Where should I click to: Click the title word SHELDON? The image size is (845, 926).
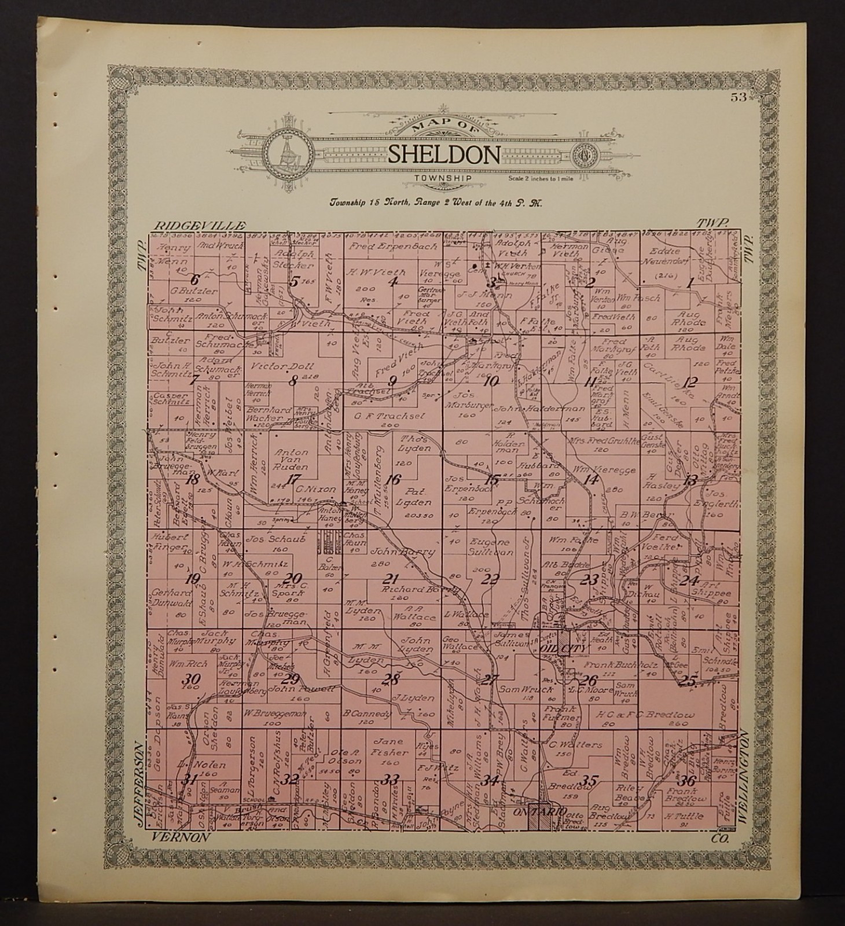pos(444,155)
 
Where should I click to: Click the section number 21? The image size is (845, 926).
pos(392,579)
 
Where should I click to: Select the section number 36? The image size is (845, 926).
pos(687,780)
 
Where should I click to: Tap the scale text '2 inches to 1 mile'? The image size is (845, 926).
pos(533,178)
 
